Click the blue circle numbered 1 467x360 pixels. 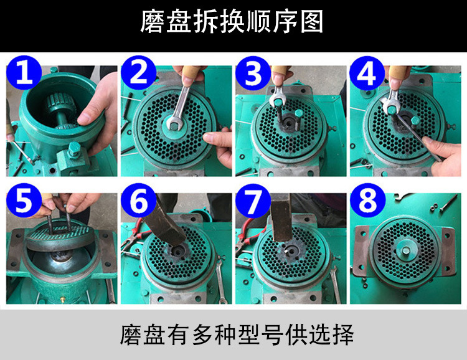point(24,72)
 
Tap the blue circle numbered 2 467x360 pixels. point(139,72)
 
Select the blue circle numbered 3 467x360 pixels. point(253,73)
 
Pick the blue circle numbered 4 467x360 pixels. point(367,73)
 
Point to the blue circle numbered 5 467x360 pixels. point(24,201)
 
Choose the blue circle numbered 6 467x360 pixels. point(139,201)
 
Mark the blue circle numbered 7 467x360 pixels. point(253,201)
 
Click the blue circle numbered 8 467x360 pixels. point(368,201)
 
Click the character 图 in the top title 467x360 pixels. point(312,21)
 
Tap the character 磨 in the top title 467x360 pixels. point(152,21)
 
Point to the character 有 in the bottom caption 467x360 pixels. point(178,334)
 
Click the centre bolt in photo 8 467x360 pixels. point(405,250)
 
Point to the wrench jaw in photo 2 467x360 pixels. point(174,123)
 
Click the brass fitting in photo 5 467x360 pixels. point(62,299)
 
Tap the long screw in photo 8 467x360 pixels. point(448,203)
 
